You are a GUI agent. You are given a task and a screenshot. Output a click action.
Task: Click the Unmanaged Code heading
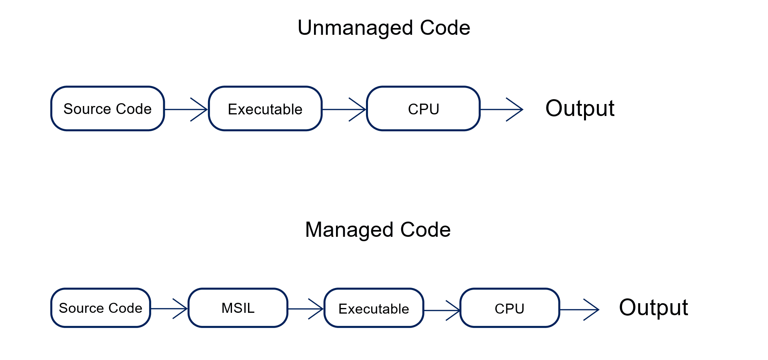click(x=384, y=28)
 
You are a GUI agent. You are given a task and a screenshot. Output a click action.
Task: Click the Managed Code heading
click(x=378, y=230)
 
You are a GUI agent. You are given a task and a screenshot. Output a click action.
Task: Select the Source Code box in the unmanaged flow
click(x=108, y=109)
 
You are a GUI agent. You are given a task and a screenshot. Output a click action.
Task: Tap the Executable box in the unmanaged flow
click(x=265, y=109)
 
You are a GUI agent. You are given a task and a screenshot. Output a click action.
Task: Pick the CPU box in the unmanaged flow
click(x=423, y=109)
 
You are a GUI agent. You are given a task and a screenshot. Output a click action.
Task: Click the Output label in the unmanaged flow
click(x=580, y=108)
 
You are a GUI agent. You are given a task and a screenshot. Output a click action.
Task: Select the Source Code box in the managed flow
click(x=100, y=308)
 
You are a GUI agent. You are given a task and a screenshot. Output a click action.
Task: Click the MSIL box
click(x=238, y=308)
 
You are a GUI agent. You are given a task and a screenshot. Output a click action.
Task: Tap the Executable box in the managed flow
click(x=374, y=308)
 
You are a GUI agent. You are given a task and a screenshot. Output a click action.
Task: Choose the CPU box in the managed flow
click(x=510, y=308)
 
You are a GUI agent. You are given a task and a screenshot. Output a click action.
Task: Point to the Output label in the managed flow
click(x=653, y=308)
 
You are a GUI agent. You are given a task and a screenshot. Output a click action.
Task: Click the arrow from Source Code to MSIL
click(x=169, y=308)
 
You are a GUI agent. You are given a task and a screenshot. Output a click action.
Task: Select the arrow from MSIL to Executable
click(x=306, y=309)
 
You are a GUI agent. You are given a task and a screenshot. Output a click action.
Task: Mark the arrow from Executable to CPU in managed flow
click(x=442, y=310)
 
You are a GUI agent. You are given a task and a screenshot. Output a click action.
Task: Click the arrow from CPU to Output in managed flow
click(x=579, y=310)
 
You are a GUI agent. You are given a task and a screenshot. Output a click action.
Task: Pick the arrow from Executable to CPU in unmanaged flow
click(x=344, y=109)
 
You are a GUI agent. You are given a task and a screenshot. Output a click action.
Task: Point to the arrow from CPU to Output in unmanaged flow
click(x=502, y=109)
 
